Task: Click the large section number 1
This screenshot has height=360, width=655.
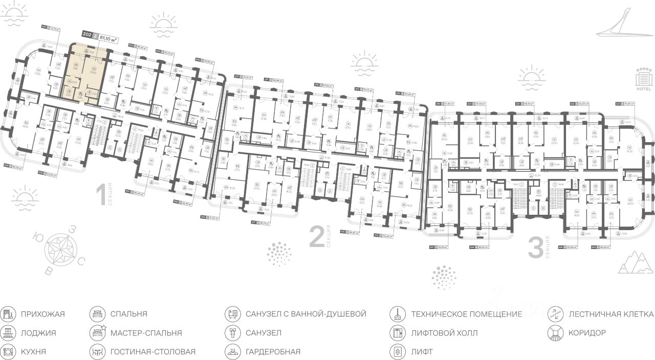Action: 101,196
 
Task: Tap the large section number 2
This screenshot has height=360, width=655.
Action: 317,238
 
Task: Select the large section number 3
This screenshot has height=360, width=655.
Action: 535,249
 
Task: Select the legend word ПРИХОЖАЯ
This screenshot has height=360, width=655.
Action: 43,314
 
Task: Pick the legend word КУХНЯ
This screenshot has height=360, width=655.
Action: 33,352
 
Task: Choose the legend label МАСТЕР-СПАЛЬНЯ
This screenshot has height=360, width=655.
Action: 146,333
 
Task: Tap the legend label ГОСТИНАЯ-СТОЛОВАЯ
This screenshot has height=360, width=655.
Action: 152,352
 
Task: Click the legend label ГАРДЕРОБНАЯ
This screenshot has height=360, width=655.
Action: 273,352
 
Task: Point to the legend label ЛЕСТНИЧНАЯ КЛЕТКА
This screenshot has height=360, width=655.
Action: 611,314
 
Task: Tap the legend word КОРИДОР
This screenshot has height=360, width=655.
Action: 587,333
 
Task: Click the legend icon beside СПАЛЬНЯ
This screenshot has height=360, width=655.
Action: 97,314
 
